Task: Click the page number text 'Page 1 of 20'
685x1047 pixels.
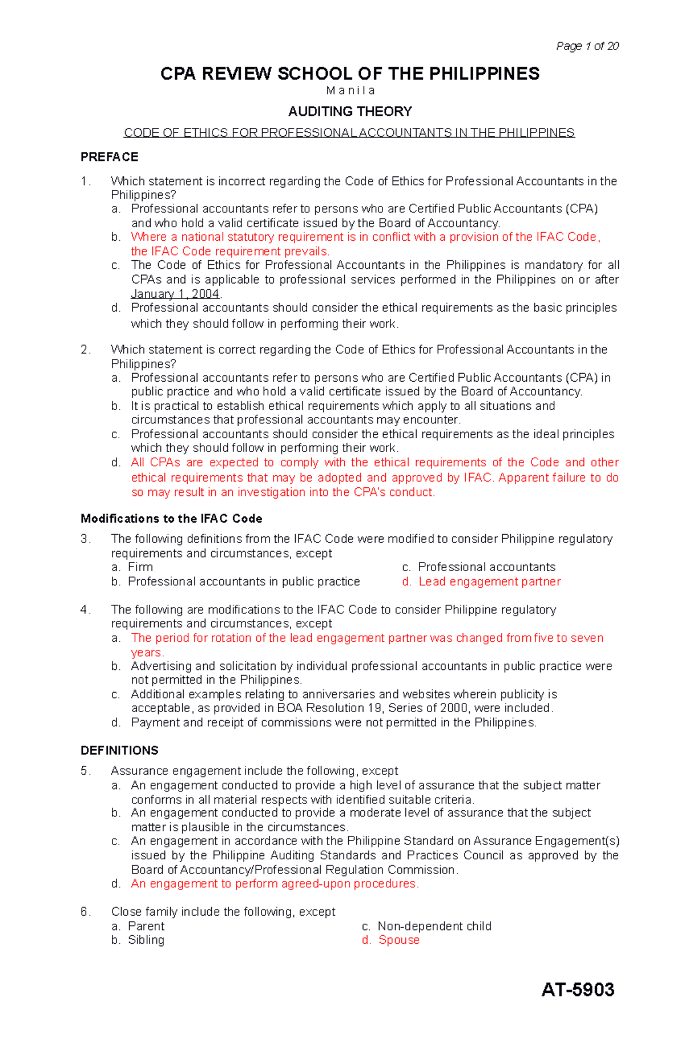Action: (587, 46)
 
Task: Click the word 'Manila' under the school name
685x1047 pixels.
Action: (350, 91)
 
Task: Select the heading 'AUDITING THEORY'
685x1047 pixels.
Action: (350, 111)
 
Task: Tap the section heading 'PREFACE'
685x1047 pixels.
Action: (110, 157)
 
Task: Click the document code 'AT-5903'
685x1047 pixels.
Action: (578, 989)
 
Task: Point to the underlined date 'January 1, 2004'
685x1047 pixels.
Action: (175, 294)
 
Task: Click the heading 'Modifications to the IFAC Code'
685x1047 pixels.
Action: (171, 519)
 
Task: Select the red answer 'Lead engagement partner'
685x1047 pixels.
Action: (489, 581)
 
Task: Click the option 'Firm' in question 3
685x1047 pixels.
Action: (140, 567)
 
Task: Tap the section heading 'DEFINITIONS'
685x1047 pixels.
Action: (119, 750)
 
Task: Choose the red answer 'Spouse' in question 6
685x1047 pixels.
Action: (398, 940)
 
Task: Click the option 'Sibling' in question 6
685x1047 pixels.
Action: (146, 940)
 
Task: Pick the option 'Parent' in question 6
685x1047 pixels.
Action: (146, 926)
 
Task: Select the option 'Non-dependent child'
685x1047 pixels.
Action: (434, 926)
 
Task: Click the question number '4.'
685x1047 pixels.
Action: (86, 610)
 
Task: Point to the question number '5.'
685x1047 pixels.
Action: (86, 771)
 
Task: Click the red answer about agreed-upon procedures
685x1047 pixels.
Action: (275, 884)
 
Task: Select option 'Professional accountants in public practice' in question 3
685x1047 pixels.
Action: (244, 581)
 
